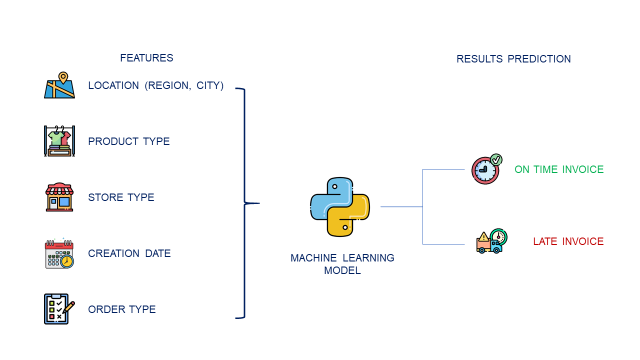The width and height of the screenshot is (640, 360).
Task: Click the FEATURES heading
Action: coord(146,58)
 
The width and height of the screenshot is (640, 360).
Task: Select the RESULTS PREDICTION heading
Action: coord(514,59)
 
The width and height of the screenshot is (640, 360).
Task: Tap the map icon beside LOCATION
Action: coord(60,85)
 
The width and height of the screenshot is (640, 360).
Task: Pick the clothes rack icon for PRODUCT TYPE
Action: coord(60,141)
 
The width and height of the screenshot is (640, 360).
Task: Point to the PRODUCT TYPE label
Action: coord(129,141)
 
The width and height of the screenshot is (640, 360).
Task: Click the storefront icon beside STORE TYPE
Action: coord(60,197)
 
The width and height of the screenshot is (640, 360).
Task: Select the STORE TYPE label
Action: coord(121,197)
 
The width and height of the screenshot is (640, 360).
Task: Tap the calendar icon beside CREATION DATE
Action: coord(60,253)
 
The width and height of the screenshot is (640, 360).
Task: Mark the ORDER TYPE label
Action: coord(122,309)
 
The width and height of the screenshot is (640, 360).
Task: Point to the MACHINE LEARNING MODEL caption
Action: coord(342,264)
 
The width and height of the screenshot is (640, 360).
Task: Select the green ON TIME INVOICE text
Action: coord(559,169)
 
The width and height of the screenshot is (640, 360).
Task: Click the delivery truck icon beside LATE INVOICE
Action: coord(491,241)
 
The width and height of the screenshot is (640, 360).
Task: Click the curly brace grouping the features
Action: coord(245,203)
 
